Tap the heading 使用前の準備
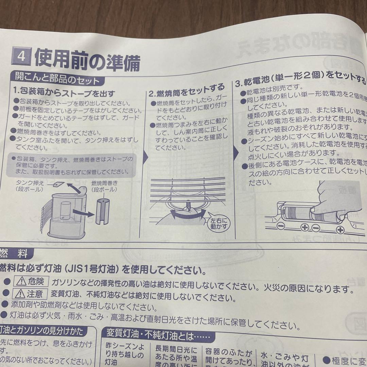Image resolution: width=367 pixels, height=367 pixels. pos(87,60)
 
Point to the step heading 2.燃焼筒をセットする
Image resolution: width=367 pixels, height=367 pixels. pos(187,89)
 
